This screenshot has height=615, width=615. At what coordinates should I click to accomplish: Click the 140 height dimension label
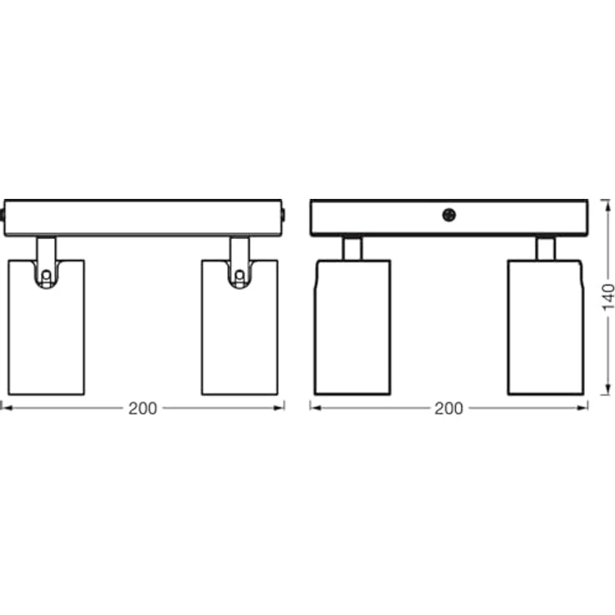tap(608, 297)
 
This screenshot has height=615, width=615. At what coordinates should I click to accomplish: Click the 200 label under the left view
tap(143, 409)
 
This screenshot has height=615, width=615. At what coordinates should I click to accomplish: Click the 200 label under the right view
tap(449, 409)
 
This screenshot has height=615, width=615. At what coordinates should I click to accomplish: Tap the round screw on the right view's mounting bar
tap(449, 215)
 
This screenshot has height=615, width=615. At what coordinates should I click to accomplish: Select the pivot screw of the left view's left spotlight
tap(46, 276)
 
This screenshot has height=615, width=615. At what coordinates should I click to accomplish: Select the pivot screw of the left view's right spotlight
tap(239, 276)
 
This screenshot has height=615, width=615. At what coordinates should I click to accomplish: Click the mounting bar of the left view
tap(143, 218)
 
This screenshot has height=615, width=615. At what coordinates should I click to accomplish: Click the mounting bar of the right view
tap(449, 218)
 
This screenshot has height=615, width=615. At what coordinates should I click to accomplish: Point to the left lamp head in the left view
tap(46, 327)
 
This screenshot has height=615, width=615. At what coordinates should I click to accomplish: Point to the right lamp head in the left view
tap(240, 327)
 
